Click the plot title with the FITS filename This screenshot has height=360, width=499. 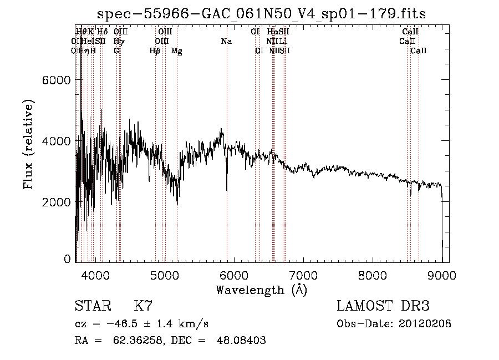coord(262,14)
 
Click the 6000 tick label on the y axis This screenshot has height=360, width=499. coord(56,80)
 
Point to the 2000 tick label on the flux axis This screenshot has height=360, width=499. coord(56,202)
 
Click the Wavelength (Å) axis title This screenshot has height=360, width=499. coord(262,290)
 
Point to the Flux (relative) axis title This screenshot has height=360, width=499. coord(28,144)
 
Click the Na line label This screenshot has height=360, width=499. coord(226,41)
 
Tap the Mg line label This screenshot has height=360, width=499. coord(177,51)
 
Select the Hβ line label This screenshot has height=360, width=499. coord(155,51)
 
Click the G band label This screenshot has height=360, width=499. coord(116,51)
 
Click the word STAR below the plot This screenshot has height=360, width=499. coord(90,306)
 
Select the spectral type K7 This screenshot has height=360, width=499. coord(143,306)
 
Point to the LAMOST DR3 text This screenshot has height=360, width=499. coord(383,306)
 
